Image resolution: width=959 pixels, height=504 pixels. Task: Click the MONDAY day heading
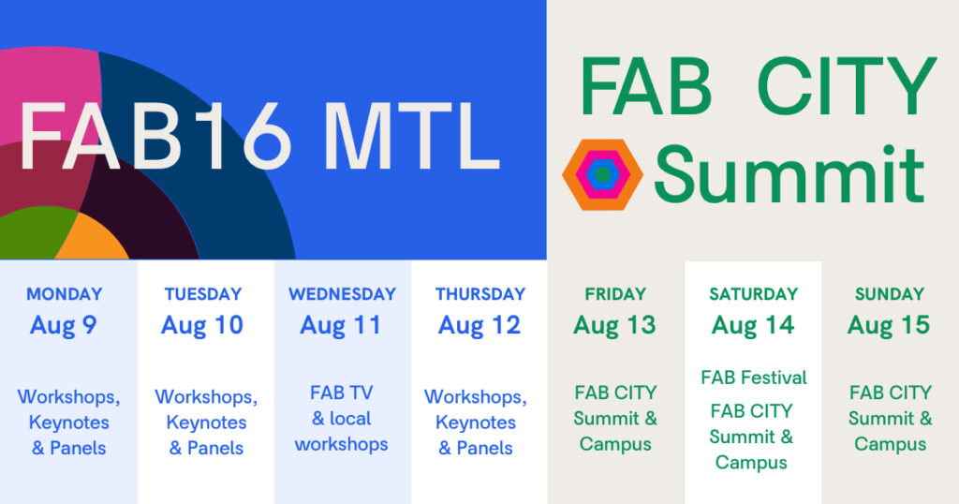click(65, 294)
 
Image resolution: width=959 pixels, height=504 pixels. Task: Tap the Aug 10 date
click(202, 325)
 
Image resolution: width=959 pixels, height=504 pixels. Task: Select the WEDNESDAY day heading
click(342, 294)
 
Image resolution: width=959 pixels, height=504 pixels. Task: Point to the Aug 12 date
click(479, 325)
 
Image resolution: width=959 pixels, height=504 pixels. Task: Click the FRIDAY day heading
click(615, 294)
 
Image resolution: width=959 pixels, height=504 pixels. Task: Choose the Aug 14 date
click(753, 325)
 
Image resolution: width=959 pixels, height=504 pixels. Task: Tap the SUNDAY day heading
click(890, 294)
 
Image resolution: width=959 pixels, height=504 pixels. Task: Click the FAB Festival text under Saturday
click(754, 378)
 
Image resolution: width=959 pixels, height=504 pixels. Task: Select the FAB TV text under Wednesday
click(341, 393)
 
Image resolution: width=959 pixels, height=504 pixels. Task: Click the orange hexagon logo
click(602, 175)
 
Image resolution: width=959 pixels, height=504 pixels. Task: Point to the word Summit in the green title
click(789, 175)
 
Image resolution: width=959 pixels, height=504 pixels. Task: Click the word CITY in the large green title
click(847, 86)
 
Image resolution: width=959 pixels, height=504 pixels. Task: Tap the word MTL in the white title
click(412, 136)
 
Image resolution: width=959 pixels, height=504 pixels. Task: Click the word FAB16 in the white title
click(156, 136)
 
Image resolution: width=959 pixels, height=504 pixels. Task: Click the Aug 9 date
click(64, 325)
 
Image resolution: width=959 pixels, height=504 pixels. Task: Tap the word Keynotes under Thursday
click(476, 422)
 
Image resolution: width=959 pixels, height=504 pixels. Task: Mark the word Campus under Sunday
click(891, 444)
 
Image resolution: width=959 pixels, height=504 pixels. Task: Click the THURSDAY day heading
click(480, 294)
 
